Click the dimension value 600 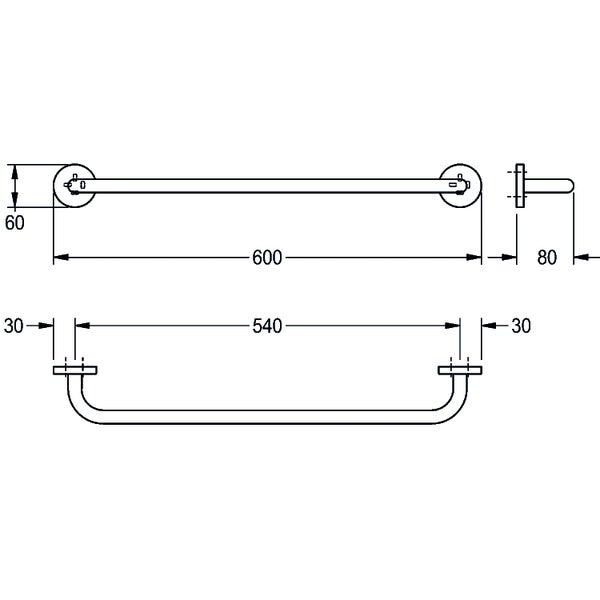[267, 258]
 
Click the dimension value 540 [267, 326]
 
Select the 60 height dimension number [15, 223]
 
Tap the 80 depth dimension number [547, 258]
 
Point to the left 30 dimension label [14, 326]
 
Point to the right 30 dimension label [521, 326]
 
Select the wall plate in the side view [520, 186]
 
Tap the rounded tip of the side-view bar [571, 186]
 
